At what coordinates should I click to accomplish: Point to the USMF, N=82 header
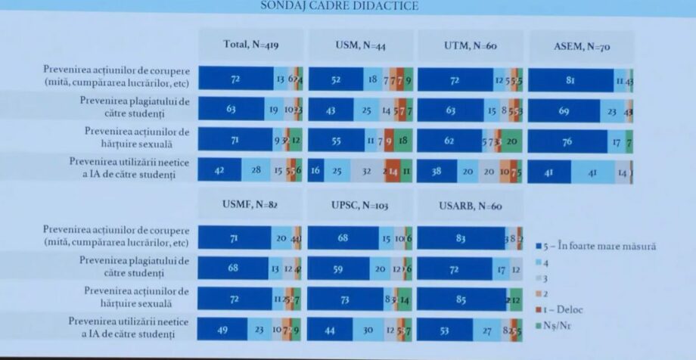pyautogui.click(x=250, y=203)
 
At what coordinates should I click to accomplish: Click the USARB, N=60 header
pyautogui.click(x=470, y=205)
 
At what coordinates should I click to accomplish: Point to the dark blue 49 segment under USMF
pyautogui.click(x=223, y=328)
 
